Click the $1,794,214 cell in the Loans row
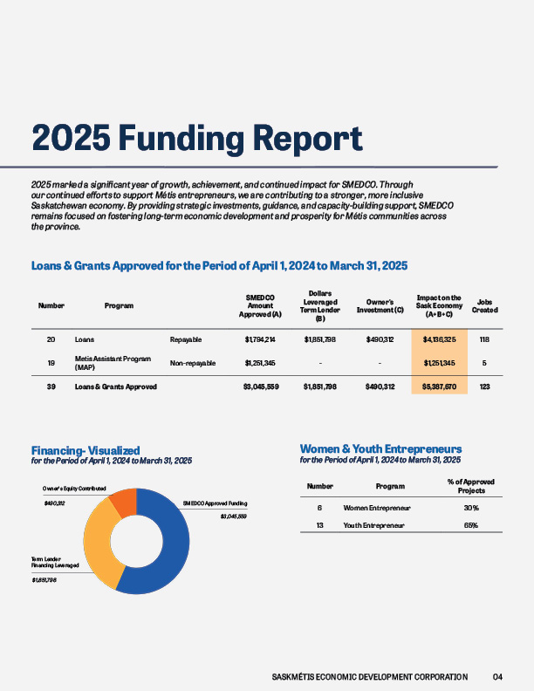261,339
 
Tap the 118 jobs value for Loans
485,339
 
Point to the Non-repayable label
193,363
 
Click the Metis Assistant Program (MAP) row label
113,363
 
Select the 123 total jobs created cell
485,386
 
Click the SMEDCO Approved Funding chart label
215,503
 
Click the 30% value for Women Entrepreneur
471,508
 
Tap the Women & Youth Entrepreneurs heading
380,448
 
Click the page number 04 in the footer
497,676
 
